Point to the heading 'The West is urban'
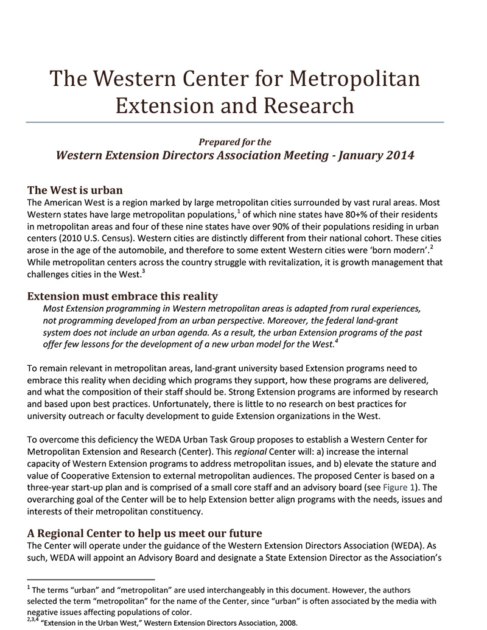75,189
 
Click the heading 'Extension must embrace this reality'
123,296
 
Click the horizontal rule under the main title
235,122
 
